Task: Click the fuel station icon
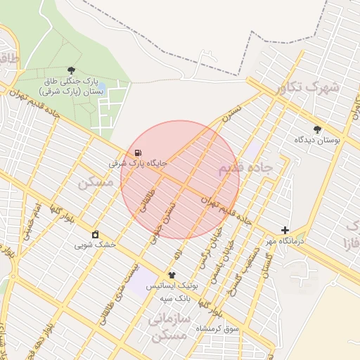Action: pyautogui.click(x=136, y=153)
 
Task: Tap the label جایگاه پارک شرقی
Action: pyautogui.click(x=138, y=163)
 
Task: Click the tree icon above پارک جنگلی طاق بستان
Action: pyautogui.click(x=71, y=70)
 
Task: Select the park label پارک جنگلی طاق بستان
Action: pyautogui.click(x=71, y=86)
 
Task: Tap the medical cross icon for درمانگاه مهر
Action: pyautogui.click(x=285, y=230)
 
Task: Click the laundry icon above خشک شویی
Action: pyautogui.click(x=96, y=235)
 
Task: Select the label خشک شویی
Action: pyautogui.click(x=96, y=245)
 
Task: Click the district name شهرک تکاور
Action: pyautogui.click(x=307, y=87)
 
